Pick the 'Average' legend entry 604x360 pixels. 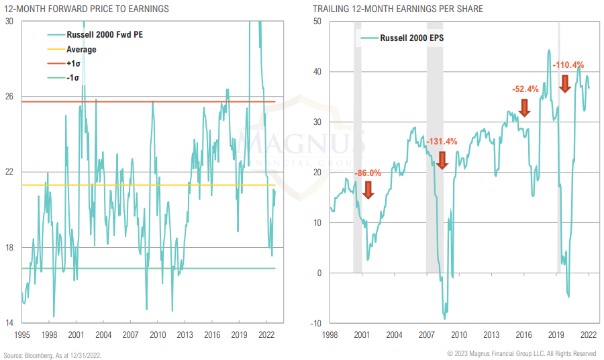[x=81, y=49]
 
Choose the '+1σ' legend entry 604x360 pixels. [x=74, y=63]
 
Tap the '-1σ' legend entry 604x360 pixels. [x=73, y=78]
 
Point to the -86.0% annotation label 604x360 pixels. [x=367, y=173]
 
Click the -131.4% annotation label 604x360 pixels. [x=442, y=142]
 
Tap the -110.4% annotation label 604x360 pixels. [x=568, y=65]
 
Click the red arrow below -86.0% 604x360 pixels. [x=367, y=189]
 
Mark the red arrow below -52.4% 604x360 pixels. [x=525, y=107]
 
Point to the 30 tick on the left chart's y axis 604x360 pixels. [x=9, y=21]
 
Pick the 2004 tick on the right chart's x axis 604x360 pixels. [x=394, y=334]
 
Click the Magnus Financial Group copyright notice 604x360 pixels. [x=521, y=354]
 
